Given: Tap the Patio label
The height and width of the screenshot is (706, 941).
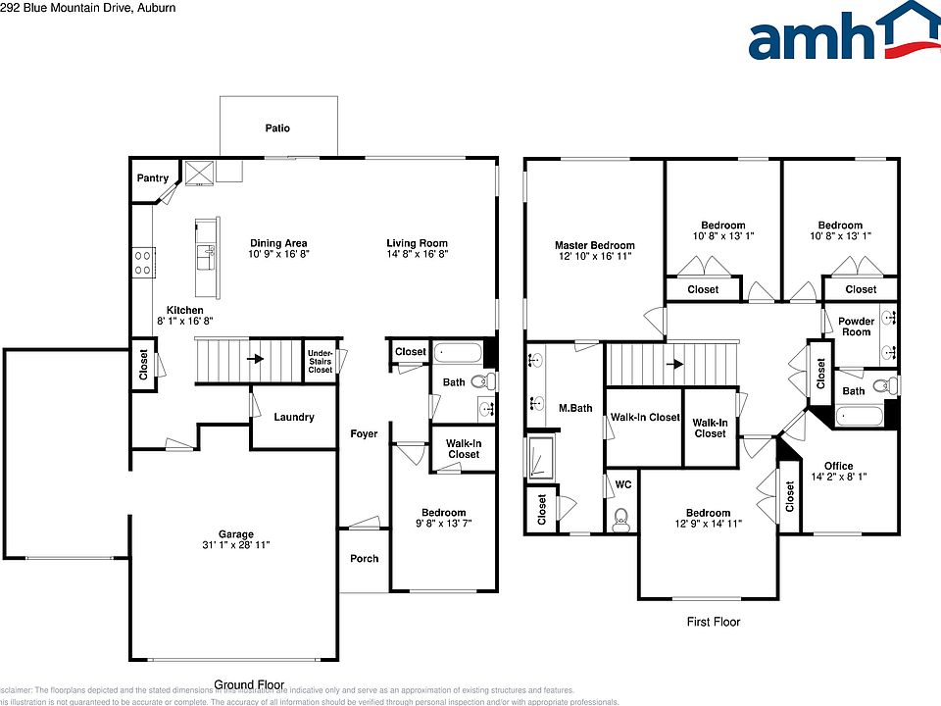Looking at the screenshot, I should tap(277, 128).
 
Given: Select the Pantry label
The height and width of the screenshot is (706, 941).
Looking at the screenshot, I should tap(152, 178).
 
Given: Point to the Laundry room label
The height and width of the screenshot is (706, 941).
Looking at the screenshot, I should tap(294, 418).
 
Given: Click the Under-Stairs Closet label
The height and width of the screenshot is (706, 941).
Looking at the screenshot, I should tap(320, 361).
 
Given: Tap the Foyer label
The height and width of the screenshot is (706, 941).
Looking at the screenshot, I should tap(364, 433).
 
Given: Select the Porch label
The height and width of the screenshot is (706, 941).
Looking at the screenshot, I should tap(364, 559).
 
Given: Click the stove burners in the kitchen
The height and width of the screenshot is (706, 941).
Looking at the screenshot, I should tap(142, 261).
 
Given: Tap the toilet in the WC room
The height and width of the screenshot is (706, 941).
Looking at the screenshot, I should tap(620, 518).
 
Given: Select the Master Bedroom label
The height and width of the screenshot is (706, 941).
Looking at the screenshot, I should tap(594, 246).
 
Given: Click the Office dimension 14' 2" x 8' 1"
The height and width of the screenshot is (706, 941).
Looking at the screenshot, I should tap(838, 478).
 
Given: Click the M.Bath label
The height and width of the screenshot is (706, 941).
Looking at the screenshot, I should tap(575, 408).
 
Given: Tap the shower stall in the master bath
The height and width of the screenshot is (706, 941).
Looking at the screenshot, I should tap(539, 459).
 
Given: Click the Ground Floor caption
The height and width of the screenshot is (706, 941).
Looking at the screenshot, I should tap(249, 684).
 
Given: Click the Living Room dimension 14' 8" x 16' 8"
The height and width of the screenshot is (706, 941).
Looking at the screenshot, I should tap(417, 254).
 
